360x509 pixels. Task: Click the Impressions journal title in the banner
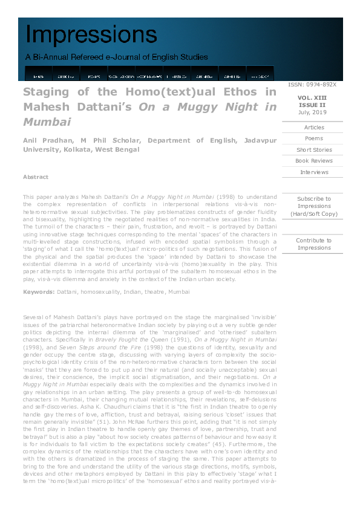91,35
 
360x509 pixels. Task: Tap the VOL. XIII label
312,97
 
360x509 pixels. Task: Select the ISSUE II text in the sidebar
312,105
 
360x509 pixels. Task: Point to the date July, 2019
312,112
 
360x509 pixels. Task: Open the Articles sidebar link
314,128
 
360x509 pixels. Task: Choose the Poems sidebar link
314,138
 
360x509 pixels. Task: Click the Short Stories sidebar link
314,150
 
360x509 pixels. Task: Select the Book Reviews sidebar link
314,161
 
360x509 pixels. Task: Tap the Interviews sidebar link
314,172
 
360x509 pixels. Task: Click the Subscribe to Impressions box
314,206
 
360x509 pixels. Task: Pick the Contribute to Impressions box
314,244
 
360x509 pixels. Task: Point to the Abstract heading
36,177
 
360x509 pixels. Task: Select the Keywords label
39,292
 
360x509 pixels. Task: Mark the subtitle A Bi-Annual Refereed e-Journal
116,57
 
